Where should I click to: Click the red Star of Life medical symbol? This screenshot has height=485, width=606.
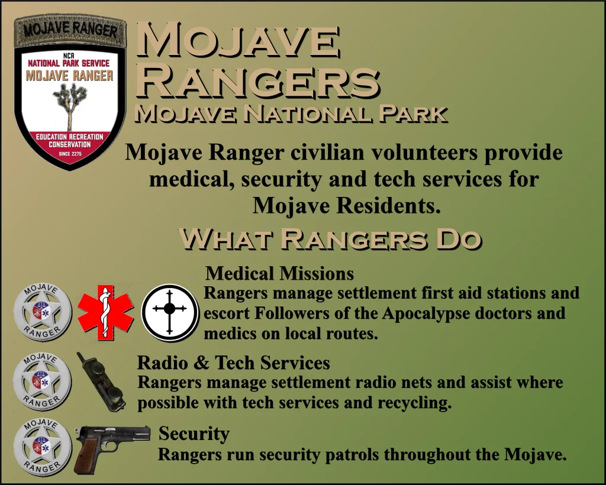tap(105, 313)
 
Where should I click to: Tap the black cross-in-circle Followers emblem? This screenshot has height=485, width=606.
tap(170, 313)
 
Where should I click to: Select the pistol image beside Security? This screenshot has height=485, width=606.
tap(112, 448)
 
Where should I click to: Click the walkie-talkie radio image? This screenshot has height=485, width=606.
tap(101, 381)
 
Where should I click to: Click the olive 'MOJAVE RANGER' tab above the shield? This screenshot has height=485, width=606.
tap(70, 30)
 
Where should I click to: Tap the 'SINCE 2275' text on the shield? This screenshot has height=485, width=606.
tap(70, 154)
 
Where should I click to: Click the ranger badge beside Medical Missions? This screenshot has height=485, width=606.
tap(43, 313)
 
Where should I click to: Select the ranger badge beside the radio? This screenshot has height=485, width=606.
tap(42, 381)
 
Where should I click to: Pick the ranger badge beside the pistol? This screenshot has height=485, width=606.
tap(43, 447)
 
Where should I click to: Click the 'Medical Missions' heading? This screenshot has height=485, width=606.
tap(279, 273)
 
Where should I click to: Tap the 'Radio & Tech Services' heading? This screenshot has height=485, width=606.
tap(233, 363)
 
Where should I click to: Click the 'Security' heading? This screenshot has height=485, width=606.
tap(194, 434)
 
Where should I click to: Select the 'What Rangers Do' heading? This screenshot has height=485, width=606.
tap(330, 239)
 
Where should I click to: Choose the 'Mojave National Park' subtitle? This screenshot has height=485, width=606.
tap(291, 114)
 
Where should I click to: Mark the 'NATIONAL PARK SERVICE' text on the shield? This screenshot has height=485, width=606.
tap(69, 63)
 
